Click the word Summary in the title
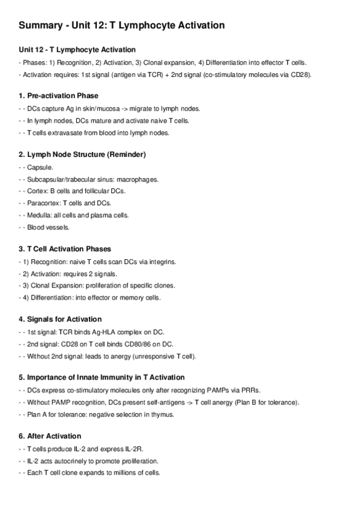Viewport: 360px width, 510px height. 38,25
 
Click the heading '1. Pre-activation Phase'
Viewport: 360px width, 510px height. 58,96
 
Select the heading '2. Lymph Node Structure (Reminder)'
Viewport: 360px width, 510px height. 82,155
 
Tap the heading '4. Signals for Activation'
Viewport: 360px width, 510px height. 60,319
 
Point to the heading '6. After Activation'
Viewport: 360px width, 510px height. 50,435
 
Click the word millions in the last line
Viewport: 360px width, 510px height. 120,473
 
